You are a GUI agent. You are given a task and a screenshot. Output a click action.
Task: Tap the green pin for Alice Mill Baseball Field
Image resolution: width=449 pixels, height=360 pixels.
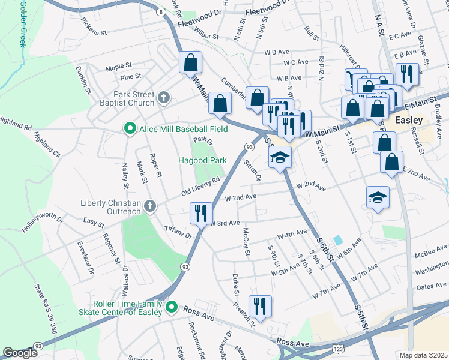click(128, 128)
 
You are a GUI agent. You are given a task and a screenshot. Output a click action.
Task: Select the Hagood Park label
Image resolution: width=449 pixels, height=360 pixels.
click(202, 160)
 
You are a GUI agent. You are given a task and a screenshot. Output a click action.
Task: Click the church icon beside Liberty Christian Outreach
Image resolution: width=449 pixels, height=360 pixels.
click(150, 207)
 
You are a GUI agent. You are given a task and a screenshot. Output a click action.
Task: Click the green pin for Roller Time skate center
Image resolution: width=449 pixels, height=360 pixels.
click(171, 308)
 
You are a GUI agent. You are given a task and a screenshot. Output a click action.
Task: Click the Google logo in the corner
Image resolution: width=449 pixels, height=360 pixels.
click(20, 353)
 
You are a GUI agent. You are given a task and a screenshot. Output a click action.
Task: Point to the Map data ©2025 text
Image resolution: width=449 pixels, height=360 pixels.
click(423, 355)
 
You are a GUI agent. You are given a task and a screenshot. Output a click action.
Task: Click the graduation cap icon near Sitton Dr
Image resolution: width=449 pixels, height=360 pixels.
click(280, 158)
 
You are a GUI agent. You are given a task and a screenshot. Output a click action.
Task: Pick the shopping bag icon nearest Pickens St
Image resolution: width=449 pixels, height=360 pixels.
click(190, 62)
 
